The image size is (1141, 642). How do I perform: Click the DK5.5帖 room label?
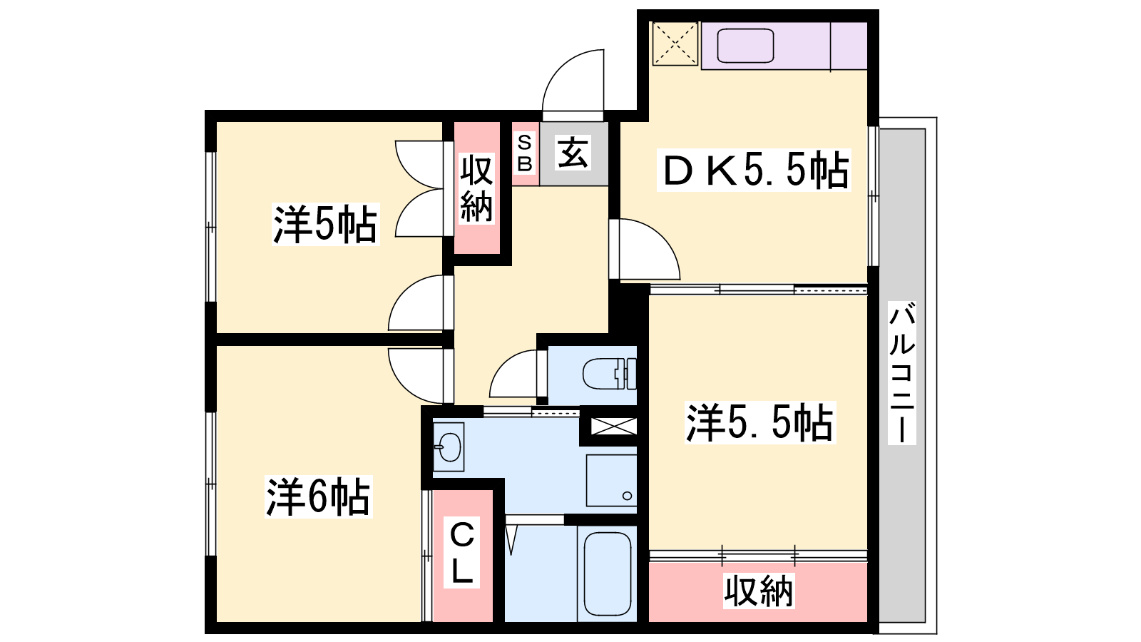click(754, 170)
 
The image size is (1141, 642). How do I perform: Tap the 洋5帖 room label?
click(325, 224)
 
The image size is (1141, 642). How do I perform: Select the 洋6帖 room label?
click(318, 496)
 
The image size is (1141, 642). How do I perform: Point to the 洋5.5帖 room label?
click(760, 422)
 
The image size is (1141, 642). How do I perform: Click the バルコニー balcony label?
click(901, 372)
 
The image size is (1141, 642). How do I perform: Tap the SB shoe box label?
click(525, 153)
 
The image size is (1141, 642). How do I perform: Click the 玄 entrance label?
click(573, 153)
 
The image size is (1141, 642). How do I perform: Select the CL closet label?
click(462, 552)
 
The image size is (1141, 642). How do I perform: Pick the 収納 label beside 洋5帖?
click(477, 188)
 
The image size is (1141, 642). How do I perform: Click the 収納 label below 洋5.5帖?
click(759, 591)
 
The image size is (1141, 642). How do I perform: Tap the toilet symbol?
click(609, 374)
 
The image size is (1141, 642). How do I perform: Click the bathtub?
click(607, 574)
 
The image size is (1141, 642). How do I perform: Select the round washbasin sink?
click(449, 447)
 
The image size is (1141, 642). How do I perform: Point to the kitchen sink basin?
click(746, 46)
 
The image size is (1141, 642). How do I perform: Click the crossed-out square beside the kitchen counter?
click(675, 44)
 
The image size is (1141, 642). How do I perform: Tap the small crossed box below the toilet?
click(613, 426)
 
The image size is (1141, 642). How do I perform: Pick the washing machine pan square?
click(611, 481)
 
